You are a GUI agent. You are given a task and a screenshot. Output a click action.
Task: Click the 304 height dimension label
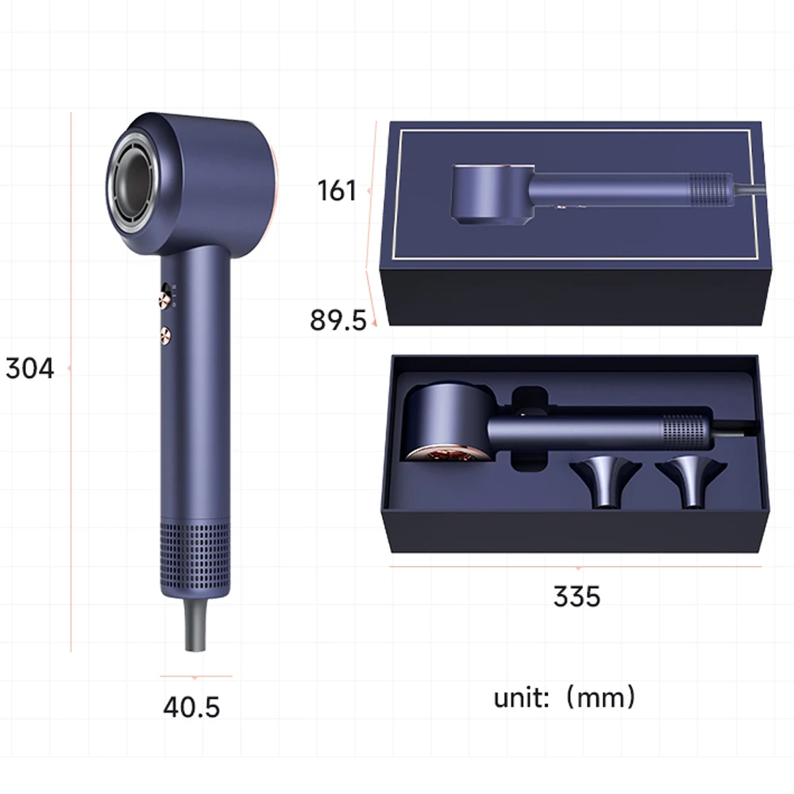30,368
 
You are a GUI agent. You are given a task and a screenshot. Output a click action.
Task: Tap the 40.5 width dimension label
191,706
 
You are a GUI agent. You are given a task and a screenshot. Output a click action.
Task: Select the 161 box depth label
337,191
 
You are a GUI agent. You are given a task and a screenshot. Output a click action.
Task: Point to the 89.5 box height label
338,320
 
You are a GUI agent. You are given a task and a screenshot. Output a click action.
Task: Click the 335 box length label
577,596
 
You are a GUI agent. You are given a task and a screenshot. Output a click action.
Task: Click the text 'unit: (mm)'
565,698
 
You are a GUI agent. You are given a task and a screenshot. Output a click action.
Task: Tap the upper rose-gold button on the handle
164,299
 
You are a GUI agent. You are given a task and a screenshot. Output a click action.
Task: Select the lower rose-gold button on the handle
165,334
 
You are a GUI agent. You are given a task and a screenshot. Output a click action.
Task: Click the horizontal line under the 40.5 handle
195,676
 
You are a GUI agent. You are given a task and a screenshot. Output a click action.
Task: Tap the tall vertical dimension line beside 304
71,381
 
